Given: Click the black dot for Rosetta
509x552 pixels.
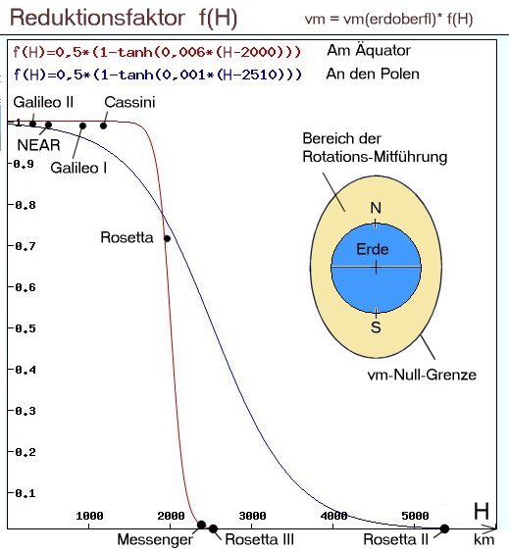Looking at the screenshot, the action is [168, 238].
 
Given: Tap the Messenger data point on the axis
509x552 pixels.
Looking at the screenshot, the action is [201, 525].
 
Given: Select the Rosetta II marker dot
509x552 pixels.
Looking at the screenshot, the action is [444, 528].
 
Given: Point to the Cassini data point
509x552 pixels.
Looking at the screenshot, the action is [103, 125].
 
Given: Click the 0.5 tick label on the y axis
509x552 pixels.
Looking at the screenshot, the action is [25, 328].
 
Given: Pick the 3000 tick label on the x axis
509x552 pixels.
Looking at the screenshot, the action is [252, 516].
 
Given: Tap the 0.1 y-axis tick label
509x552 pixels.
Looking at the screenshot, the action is [25, 493].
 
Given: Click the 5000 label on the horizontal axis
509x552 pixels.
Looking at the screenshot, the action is [415, 516].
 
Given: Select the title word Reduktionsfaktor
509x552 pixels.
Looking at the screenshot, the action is [97, 18].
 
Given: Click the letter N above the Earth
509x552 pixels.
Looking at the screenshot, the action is [376, 208].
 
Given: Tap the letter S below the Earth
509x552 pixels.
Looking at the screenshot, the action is [376, 327].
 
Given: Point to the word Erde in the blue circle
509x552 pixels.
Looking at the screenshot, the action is [373, 249].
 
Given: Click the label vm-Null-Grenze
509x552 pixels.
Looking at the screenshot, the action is [422, 375].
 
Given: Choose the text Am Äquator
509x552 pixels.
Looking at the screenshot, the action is [369, 50].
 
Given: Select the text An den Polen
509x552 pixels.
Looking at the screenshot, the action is [373, 74].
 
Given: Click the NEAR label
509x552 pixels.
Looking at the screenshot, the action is [39, 145].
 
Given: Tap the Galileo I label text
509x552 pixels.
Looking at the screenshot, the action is [78, 168].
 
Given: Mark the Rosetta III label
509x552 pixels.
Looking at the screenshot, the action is [259, 539].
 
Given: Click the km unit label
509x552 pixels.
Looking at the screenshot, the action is [484, 539].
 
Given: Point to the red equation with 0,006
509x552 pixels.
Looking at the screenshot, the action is [157, 52].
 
